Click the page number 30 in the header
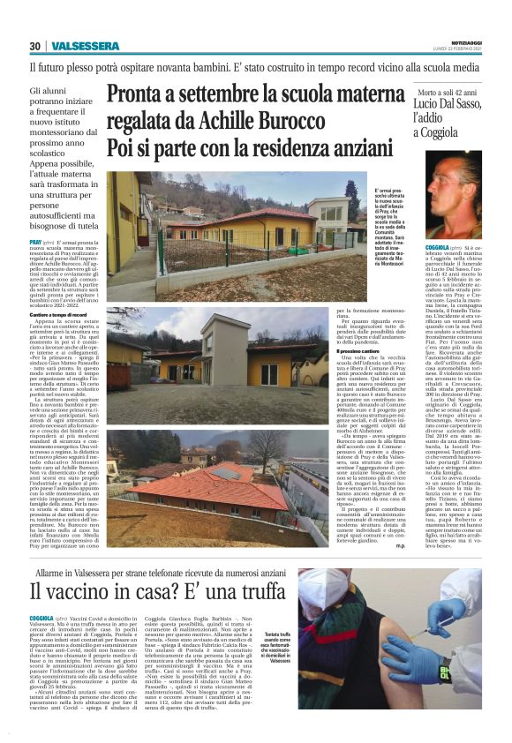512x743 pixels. pyautogui.click(x=35, y=46)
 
